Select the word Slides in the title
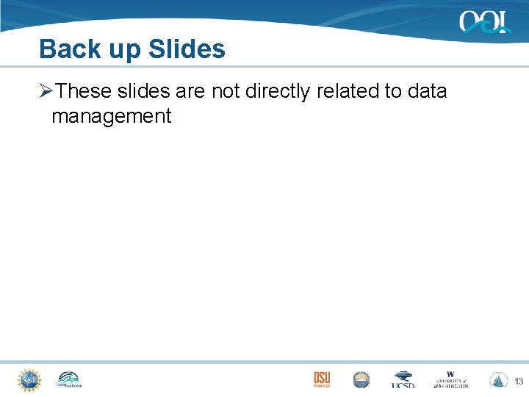187,49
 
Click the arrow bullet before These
46,91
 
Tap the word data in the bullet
426,91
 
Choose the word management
111,116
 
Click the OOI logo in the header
485,22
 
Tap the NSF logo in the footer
29,379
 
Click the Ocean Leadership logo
68,379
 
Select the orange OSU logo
322,379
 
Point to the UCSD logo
403,380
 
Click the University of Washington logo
450,379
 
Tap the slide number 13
519,381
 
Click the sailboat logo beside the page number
499,379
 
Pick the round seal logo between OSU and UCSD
361,379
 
